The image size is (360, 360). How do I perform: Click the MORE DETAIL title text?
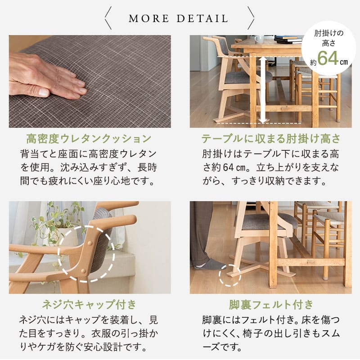click(179, 19)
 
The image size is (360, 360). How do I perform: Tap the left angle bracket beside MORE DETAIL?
click(108, 19)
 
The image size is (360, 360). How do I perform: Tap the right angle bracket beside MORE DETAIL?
click(251, 19)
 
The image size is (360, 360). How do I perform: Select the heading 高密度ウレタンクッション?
click(89, 138)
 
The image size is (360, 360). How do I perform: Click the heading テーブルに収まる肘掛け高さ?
click(270, 138)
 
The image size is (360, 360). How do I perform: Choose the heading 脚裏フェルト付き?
click(270, 304)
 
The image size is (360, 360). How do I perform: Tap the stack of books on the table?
click(288, 40)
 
